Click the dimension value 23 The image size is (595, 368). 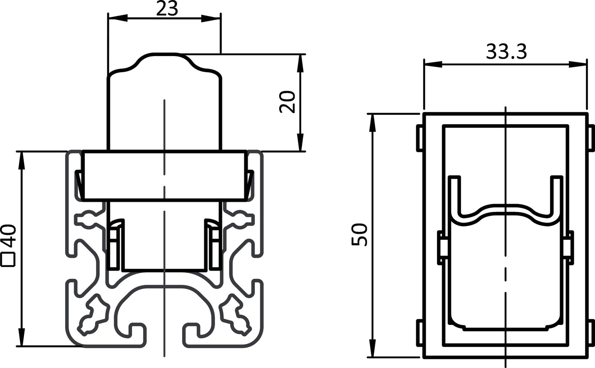167,9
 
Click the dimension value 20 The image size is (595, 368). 288,102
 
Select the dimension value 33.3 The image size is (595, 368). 506,52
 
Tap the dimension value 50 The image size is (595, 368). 360,235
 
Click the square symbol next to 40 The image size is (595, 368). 8,260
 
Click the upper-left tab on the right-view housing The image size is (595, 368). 419,138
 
